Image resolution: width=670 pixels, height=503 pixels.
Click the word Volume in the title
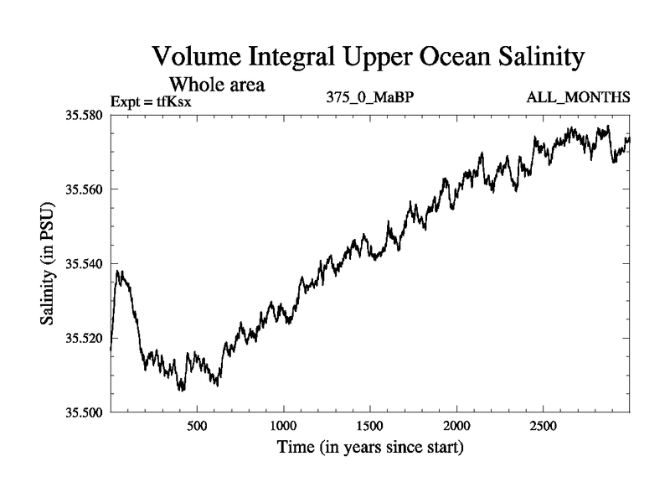[x=194, y=58]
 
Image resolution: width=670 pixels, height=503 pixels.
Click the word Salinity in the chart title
[x=532, y=58]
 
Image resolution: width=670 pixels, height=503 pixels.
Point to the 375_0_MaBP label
[x=370, y=98]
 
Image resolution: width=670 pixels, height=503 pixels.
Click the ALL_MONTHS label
[x=578, y=98]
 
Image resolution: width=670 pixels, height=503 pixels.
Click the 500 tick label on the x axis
[x=197, y=427]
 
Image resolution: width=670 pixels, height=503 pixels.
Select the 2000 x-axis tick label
[x=456, y=427]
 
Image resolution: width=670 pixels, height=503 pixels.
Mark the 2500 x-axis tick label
[x=543, y=427]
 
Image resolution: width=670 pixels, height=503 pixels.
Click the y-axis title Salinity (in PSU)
[x=48, y=264]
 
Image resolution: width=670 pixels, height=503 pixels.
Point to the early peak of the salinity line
[x=119, y=271]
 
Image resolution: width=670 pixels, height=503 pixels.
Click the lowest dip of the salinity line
[x=181, y=390]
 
